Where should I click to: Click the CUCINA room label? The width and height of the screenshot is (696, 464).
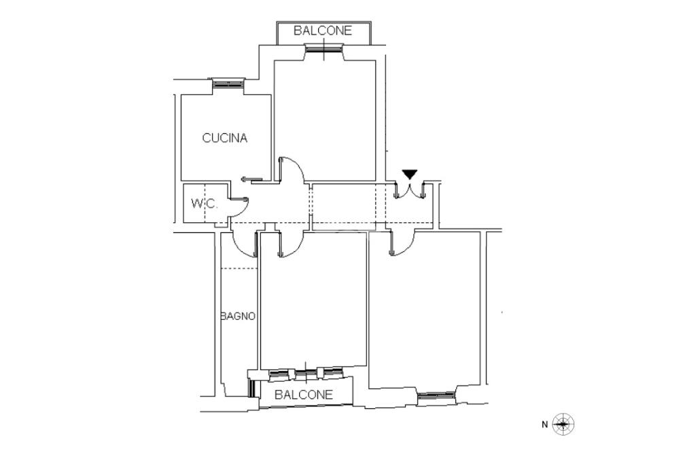pyautogui.click(x=224, y=138)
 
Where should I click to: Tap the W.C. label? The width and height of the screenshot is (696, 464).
pyautogui.click(x=204, y=204)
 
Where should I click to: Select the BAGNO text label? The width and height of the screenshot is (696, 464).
pyautogui.click(x=239, y=317)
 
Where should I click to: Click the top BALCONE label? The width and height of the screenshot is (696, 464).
pyautogui.click(x=323, y=31)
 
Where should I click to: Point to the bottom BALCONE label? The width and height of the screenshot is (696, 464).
pyautogui.click(x=304, y=394)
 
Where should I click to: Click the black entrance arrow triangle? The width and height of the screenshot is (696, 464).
pyautogui.click(x=409, y=175)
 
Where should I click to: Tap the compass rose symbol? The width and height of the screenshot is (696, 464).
pyautogui.click(x=563, y=425)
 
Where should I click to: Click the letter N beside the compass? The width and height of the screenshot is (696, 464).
pyautogui.click(x=544, y=425)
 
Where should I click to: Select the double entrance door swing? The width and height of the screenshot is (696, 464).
pyautogui.click(x=410, y=191)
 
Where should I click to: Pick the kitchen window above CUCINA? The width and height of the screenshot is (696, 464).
pyautogui.click(x=228, y=84)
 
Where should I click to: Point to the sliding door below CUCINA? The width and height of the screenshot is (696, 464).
pyautogui.click(x=251, y=179)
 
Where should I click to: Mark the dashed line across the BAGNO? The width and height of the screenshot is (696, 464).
pyautogui.click(x=239, y=268)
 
